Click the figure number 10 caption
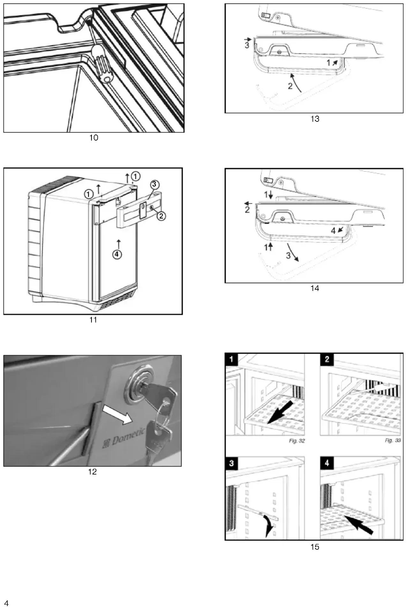point(94,138)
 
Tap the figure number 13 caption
point(315,119)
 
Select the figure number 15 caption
point(315,547)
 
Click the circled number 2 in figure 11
point(161,216)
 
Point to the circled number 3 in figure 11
point(154,184)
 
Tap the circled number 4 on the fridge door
point(117,254)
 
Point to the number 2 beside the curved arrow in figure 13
point(290,86)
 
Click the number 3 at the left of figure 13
point(247,46)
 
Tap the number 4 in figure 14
point(333,231)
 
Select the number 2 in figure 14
point(247,209)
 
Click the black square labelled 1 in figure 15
point(232,359)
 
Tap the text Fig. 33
point(393,440)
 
